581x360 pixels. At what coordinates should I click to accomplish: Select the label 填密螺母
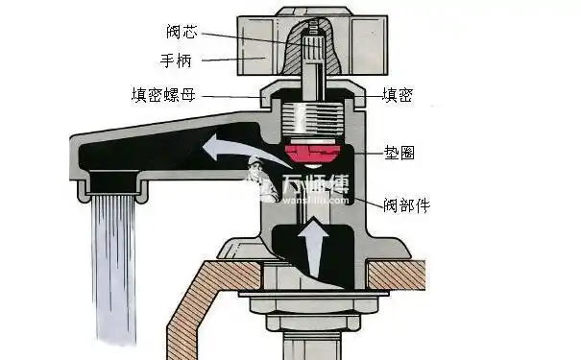(x=164, y=95)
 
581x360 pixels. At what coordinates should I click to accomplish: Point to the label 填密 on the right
(x=398, y=95)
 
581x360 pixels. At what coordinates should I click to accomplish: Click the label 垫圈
(x=398, y=153)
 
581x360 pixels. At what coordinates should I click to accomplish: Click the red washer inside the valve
(x=312, y=153)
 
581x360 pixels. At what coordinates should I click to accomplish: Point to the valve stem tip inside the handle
(x=311, y=39)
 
